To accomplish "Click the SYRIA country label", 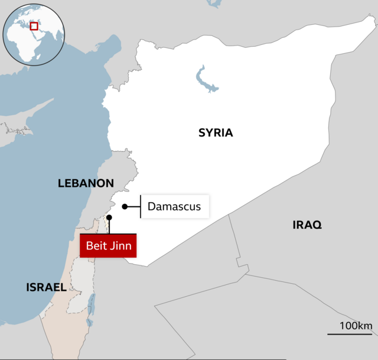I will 216,133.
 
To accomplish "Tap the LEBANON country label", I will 85,183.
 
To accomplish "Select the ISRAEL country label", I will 46,287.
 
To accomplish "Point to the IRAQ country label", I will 307,225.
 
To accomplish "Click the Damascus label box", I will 174,206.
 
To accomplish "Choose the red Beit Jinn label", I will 108,245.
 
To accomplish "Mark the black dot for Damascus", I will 125,206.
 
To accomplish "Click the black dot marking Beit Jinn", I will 109,218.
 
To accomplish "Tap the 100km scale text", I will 356,326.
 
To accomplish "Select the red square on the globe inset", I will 34,26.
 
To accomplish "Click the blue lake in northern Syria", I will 205,80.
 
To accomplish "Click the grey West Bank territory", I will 80,290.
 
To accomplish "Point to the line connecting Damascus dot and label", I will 134,206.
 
